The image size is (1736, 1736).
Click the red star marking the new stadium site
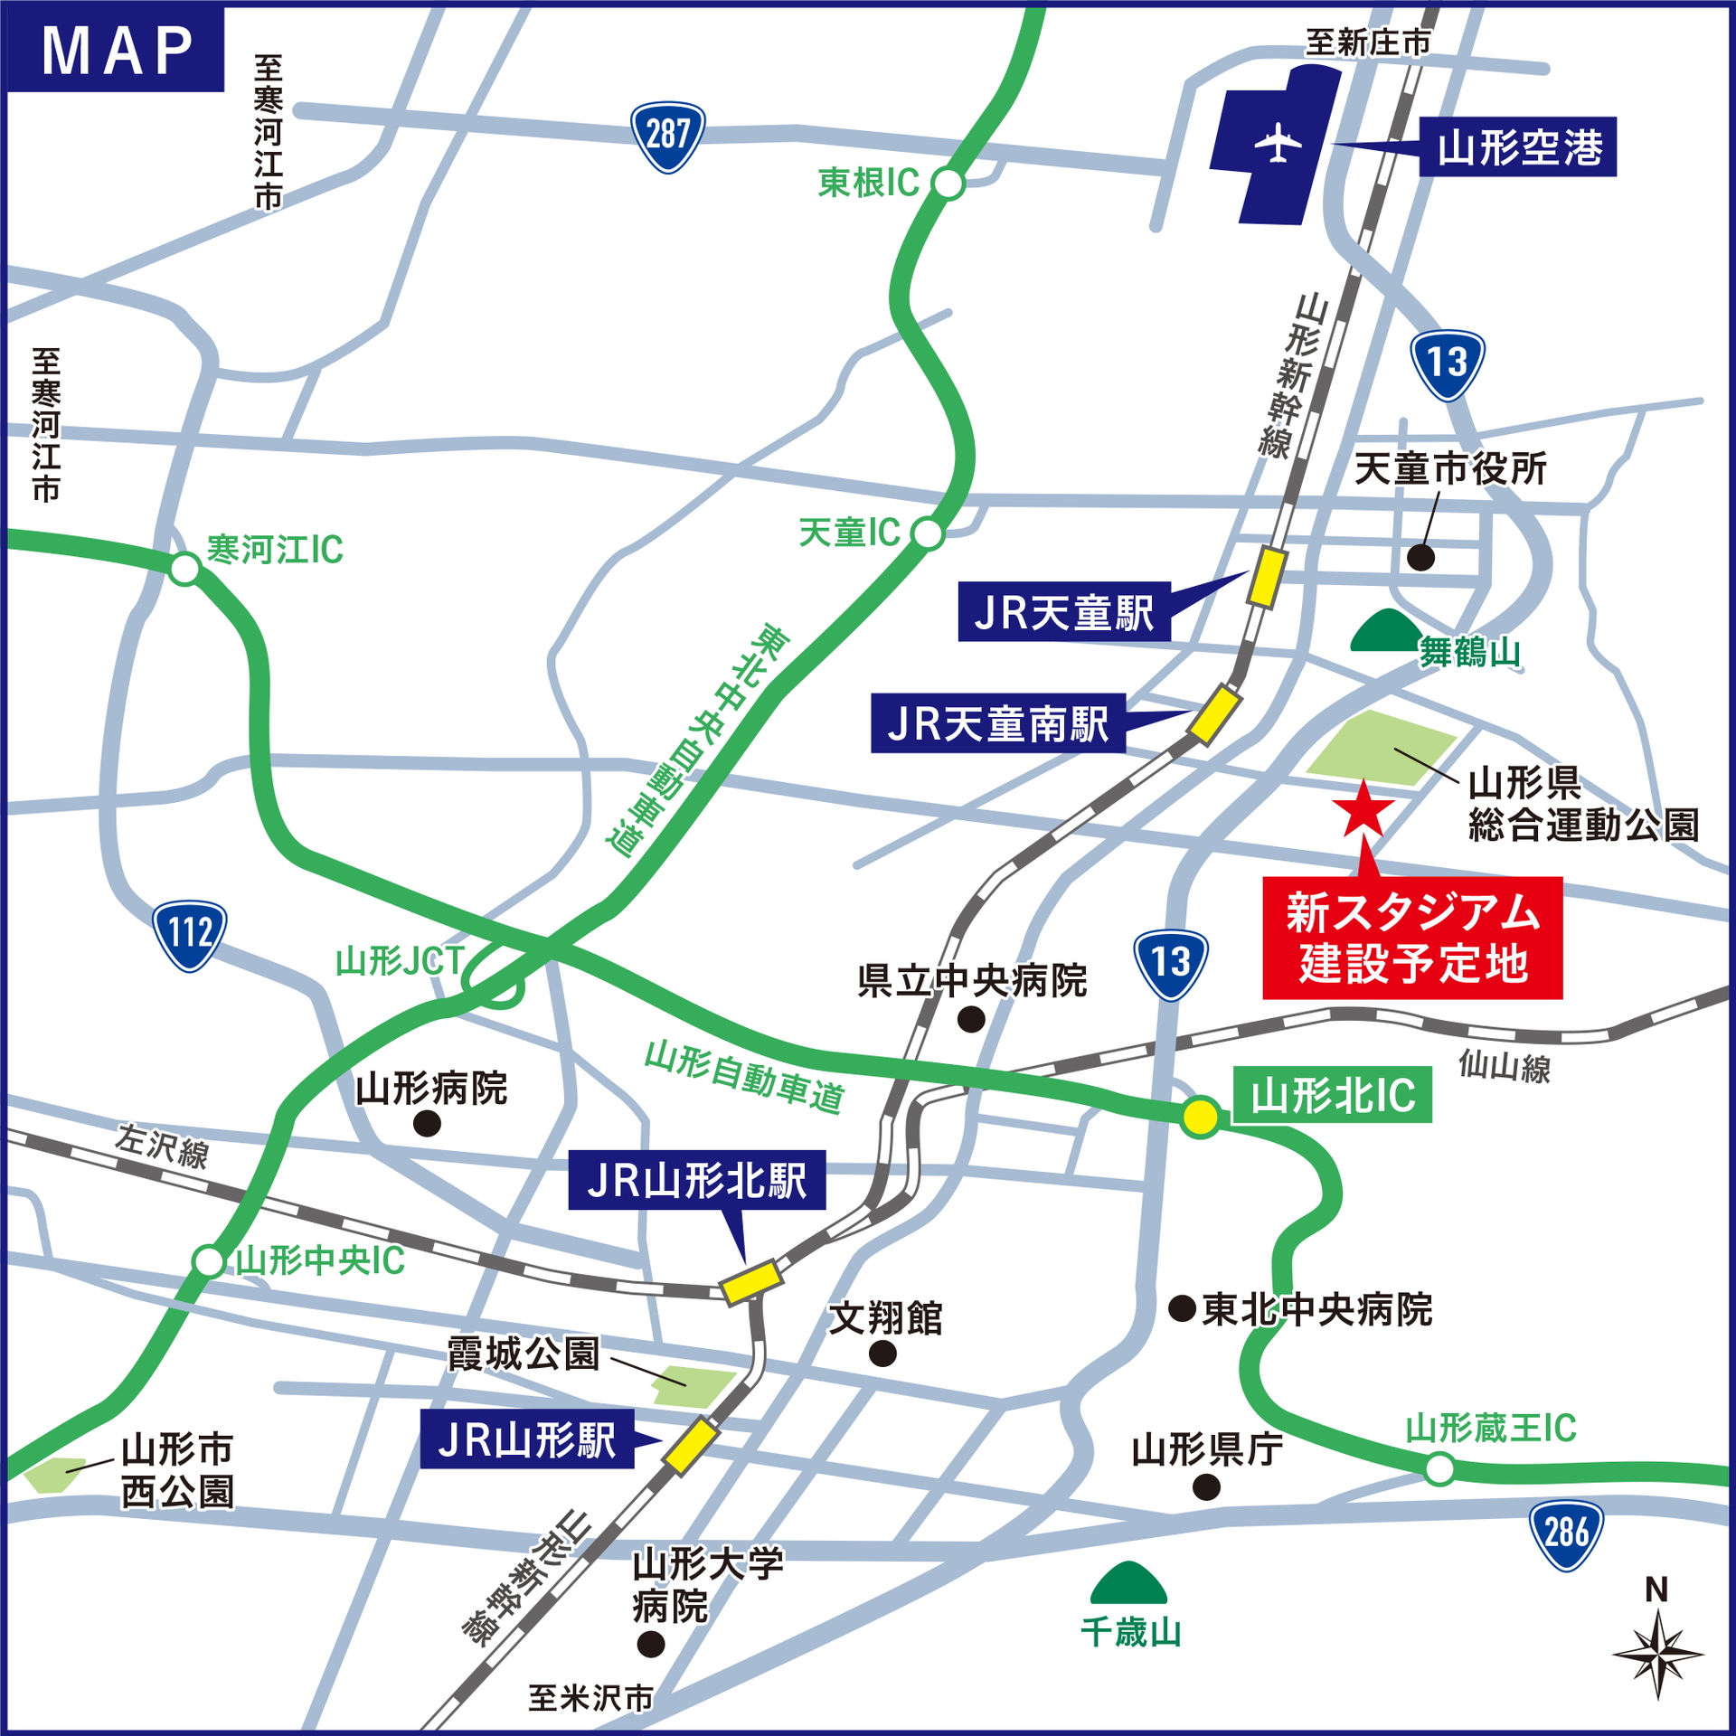(1363, 809)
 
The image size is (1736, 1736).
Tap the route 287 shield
(667, 136)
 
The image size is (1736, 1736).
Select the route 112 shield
(190, 935)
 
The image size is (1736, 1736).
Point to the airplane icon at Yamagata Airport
(1278, 143)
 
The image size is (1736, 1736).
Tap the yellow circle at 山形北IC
(1200, 1117)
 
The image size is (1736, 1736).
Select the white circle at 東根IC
(948, 184)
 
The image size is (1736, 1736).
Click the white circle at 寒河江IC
(185, 569)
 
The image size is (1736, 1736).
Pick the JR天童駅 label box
(1063, 612)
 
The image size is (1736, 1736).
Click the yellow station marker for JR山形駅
(692, 1445)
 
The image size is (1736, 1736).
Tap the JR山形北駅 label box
(696, 1180)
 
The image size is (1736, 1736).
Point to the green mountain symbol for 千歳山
(1128, 1582)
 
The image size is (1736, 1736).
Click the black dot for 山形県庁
(1206, 1487)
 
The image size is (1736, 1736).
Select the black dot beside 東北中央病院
(1183, 1308)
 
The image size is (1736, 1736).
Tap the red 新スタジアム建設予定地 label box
(1412, 938)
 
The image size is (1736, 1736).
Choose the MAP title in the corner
(117, 50)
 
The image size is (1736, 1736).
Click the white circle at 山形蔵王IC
(1439, 1468)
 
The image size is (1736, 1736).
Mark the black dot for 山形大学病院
(650, 1644)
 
